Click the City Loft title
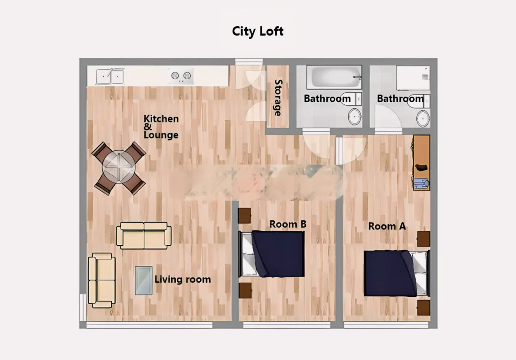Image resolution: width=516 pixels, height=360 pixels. click(258, 31)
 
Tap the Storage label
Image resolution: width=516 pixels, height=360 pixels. click(278, 98)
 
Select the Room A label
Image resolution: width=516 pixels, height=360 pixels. click(387, 226)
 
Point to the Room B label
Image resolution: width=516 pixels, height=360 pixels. click(288, 224)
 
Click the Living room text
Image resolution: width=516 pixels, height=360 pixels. click(183, 279)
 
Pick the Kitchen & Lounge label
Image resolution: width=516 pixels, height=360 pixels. click(161, 127)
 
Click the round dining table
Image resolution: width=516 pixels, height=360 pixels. click(119, 167)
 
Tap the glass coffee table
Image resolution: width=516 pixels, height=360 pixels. click(144, 281)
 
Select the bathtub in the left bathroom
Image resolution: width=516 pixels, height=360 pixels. click(334, 77)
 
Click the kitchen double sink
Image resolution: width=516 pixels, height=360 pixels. click(110, 76)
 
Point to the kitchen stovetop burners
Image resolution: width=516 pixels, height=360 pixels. click(181, 76)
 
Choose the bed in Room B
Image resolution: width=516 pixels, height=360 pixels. click(272, 254)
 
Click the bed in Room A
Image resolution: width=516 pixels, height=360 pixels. click(396, 274)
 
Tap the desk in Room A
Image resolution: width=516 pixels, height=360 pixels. click(421, 162)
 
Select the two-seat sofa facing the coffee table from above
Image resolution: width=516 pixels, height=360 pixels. click(144, 235)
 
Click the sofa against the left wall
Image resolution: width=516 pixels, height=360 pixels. click(102, 281)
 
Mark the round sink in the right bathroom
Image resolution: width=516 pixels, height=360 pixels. click(423, 119)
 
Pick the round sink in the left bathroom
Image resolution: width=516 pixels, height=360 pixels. click(355, 117)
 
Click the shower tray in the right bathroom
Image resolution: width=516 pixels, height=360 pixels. click(413, 78)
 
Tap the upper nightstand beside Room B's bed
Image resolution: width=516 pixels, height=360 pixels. click(244, 216)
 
